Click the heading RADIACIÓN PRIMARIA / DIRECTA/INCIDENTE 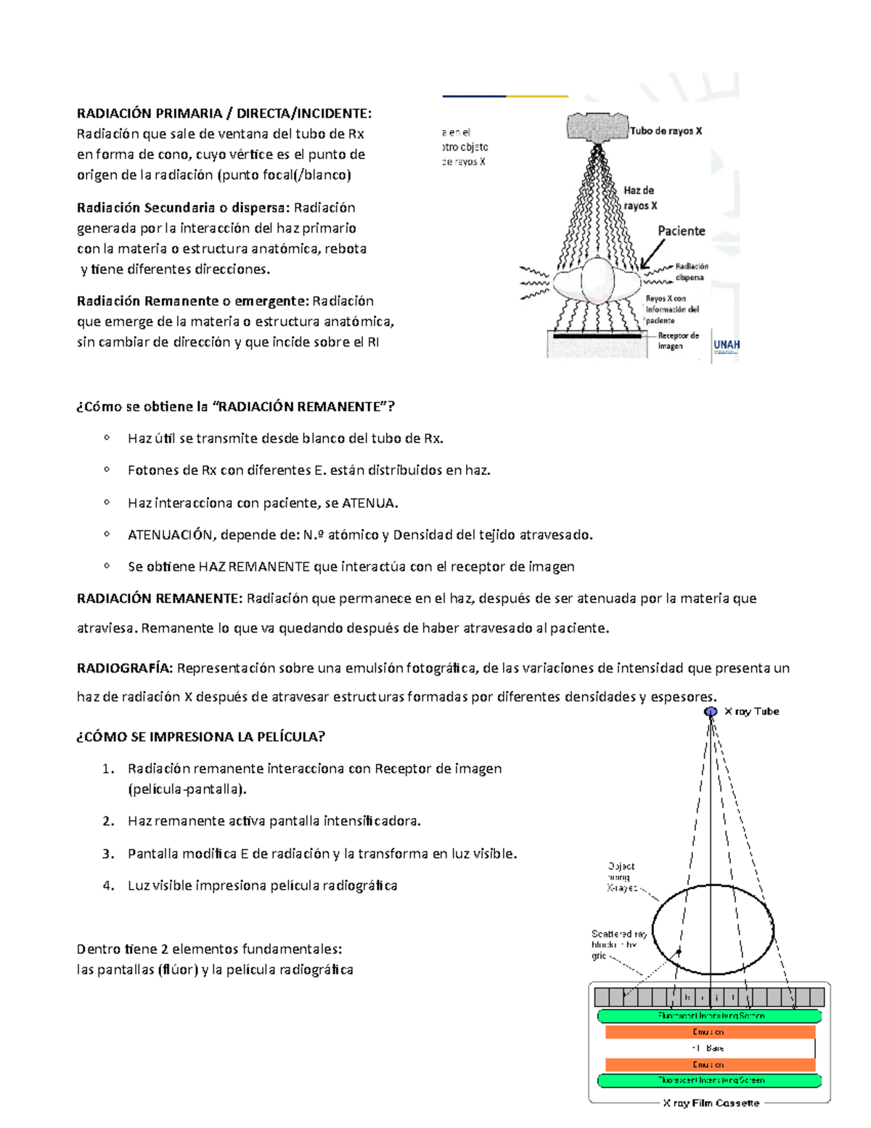(224, 113)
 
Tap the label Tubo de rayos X (666, 131)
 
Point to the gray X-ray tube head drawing (597, 127)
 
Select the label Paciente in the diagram (681, 231)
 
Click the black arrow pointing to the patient (652, 255)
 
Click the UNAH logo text (727, 345)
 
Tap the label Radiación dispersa (691, 272)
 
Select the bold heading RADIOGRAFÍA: (125, 668)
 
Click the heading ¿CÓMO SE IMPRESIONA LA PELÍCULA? (200, 737)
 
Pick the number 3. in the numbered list (108, 854)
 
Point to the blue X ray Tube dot (711, 712)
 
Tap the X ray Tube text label (751, 712)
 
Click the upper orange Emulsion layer (709, 1032)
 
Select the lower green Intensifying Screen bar (709, 1081)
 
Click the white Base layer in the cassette (709, 1049)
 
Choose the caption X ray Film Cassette (711, 1103)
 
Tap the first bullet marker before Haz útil (107, 438)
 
